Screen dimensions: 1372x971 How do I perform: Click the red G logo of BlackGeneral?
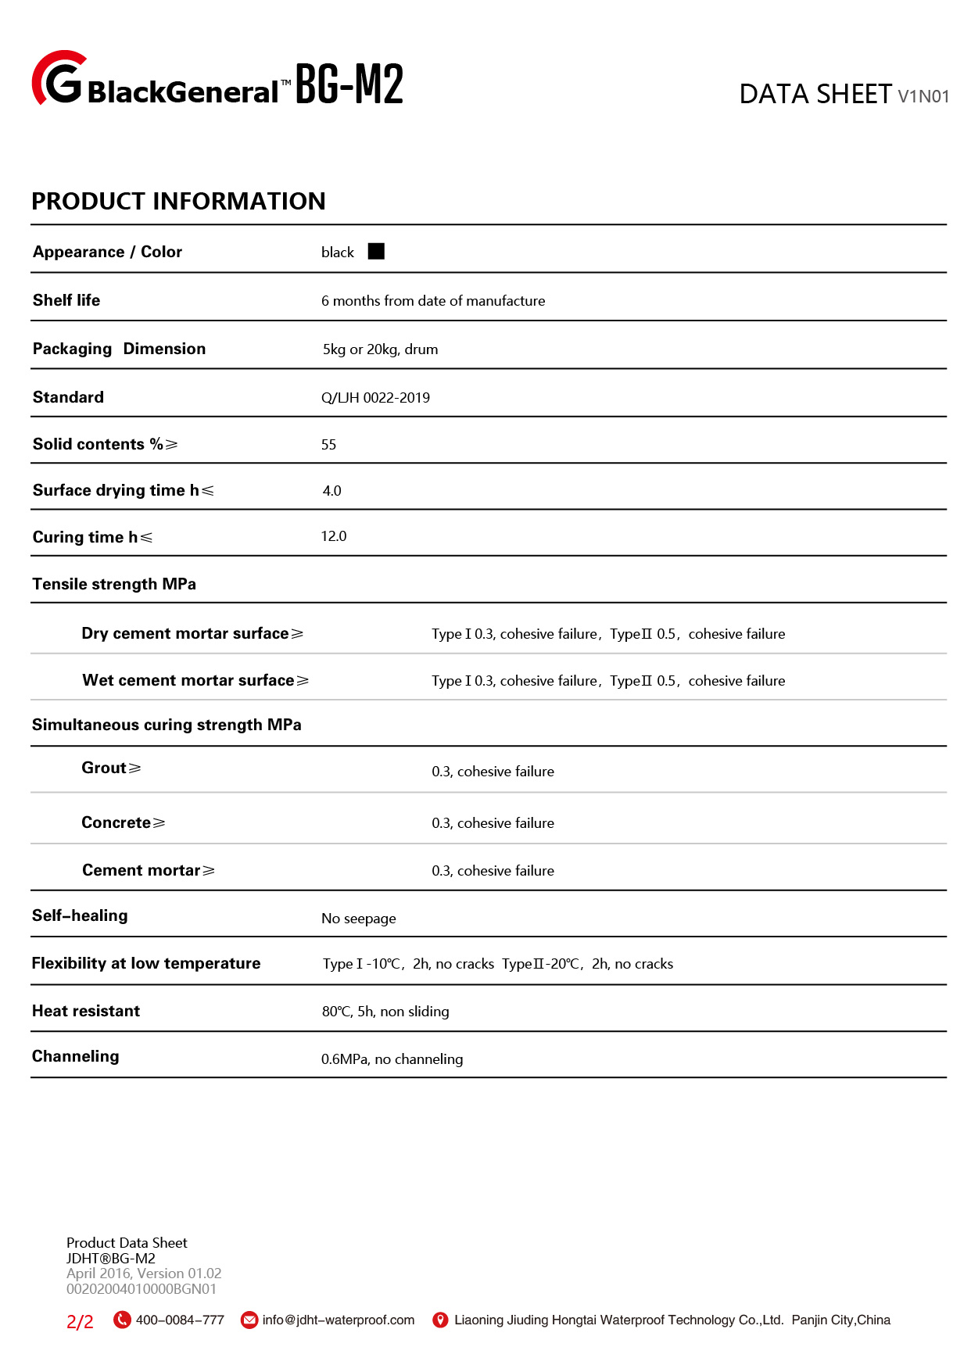(58, 79)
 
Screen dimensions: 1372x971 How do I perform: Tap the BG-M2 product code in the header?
(349, 84)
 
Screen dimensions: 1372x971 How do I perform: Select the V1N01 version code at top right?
(923, 96)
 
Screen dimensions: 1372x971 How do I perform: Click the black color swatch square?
(376, 251)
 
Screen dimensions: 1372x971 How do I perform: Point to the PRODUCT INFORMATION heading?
(178, 201)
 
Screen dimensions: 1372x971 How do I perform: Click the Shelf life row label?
(66, 300)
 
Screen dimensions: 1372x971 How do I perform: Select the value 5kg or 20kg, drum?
(380, 349)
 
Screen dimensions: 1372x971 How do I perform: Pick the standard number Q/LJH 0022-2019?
(375, 398)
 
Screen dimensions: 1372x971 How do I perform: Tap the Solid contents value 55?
(328, 445)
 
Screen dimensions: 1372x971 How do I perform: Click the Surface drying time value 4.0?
(331, 491)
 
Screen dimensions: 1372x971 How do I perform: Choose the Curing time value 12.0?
(333, 536)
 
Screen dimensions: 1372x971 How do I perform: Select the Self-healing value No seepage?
(358, 919)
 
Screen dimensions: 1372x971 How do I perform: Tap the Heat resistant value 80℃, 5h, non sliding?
(385, 1012)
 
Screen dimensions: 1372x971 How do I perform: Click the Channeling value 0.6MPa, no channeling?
(392, 1059)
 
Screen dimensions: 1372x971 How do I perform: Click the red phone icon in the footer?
(122, 1320)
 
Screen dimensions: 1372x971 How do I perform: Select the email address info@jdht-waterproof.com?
(339, 1320)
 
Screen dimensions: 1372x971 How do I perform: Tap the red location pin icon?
(440, 1320)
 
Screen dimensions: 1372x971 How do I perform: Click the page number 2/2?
(80, 1321)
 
